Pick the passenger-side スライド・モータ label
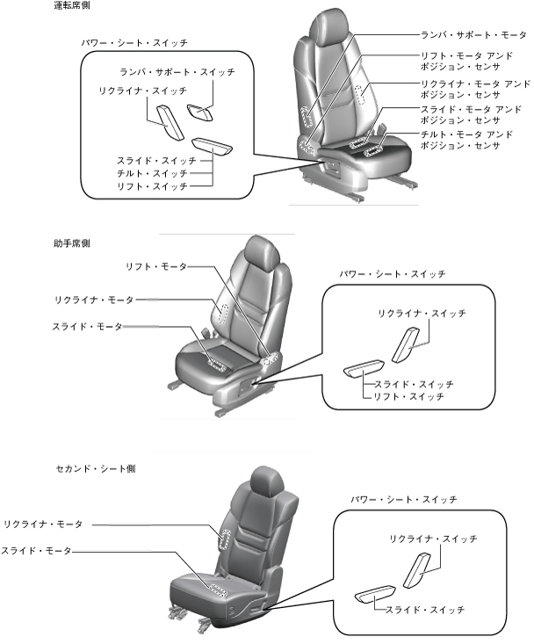coord(87,327)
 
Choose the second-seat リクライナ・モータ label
coord(43,525)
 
